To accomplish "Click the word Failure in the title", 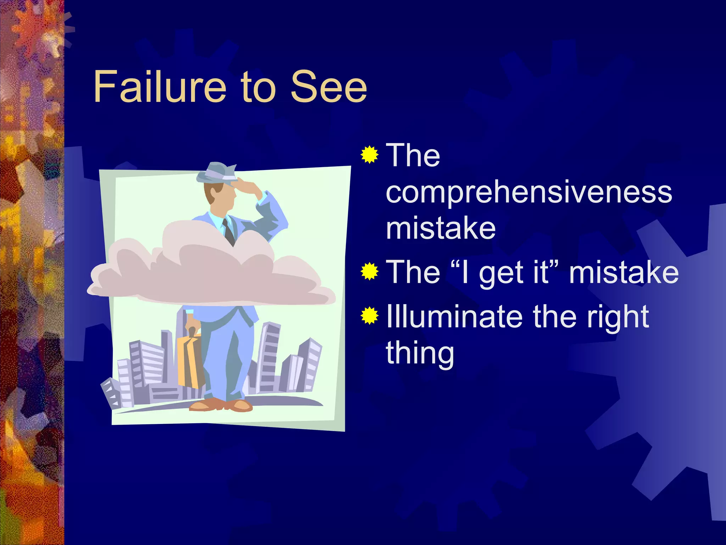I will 160,87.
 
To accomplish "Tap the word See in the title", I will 328,87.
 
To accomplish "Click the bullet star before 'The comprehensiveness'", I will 369,155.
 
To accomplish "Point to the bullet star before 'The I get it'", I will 369,272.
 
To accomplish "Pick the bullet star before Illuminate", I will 369,315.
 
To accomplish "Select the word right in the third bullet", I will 617,317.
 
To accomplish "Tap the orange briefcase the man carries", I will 190,360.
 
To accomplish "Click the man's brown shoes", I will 220,404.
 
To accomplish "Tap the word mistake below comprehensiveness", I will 440,229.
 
